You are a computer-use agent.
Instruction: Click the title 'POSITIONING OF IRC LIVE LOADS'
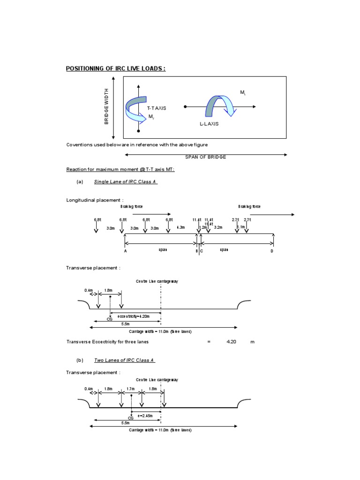pos(116,68)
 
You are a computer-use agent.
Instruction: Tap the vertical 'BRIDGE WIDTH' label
pos(106,106)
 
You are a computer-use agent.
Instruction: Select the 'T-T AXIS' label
pos(157,108)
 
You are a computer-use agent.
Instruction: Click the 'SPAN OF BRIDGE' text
pos(207,157)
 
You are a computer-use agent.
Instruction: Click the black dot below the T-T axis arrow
pos(138,131)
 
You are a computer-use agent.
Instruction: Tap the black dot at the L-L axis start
pos(186,107)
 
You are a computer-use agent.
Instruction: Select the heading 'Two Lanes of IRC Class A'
pos(124,360)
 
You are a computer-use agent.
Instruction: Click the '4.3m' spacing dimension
pos(180,227)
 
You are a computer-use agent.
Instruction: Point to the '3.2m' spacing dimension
pos(218,227)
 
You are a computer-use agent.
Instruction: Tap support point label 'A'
pos(125,251)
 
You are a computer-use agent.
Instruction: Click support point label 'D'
pos(271,251)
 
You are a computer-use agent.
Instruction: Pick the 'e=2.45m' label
pos(145,415)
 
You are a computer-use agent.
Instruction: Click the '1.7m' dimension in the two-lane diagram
pos(130,389)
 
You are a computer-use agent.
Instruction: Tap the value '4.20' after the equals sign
pos(231,342)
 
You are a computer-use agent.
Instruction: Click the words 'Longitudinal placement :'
pos(95,200)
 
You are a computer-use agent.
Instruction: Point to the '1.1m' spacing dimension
pos(241,227)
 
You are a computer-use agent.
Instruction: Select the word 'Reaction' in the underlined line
pos(76,169)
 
